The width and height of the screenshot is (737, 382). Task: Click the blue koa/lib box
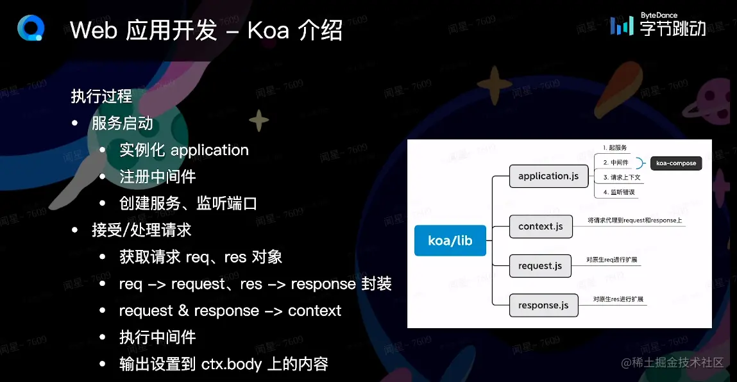tap(450, 241)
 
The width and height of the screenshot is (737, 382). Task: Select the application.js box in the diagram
tap(548, 176)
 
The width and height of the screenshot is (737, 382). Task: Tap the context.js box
tap(540, 226)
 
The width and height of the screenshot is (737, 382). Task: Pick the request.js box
tap(539, 265)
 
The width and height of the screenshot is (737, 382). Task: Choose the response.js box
tap(543, 305)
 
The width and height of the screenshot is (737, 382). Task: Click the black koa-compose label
tap(676, 163)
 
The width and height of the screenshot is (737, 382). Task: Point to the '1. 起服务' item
tap(614, 148)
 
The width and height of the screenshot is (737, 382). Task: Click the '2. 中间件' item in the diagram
tap(614, 163)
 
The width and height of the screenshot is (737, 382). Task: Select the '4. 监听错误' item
tap(617, 192)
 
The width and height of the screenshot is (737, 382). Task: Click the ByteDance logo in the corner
tap(657, 24)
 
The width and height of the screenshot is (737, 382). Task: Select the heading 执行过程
tap(101, 96)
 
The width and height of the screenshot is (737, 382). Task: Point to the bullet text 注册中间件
tap(158, 176)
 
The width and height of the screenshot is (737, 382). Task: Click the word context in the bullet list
tap(314, 311)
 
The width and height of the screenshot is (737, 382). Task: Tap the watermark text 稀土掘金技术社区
tap(678, 362)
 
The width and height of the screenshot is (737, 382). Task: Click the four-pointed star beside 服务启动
tap(259, 120)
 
